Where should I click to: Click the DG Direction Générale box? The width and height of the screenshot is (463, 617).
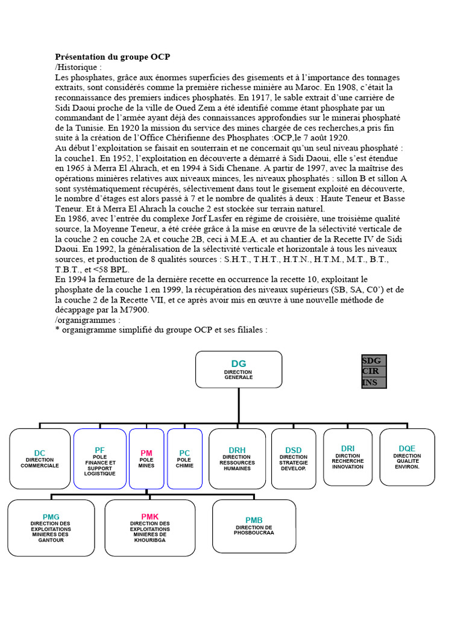point(239,369)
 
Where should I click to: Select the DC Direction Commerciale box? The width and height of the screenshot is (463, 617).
point(40,459)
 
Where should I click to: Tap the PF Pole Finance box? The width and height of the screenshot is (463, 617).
point(100,459)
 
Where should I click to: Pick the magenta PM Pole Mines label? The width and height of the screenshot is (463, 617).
point(146,453)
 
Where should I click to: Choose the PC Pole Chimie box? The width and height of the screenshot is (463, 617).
point(184,459)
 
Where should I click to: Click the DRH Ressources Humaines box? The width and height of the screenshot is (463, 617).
point(237,459)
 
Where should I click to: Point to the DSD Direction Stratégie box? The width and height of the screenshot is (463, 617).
point(294,459)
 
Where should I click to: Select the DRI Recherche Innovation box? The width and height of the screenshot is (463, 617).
point(348,457)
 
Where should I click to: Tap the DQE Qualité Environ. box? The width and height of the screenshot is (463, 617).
point(407,457)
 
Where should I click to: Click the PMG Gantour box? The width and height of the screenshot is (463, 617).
point(51,527)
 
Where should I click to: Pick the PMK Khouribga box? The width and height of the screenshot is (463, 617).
point(150,527)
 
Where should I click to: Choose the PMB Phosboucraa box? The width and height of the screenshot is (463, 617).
point(254,526)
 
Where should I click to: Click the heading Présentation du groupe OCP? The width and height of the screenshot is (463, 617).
point(113,57)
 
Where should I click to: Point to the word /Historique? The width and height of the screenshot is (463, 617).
point(78,67)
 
